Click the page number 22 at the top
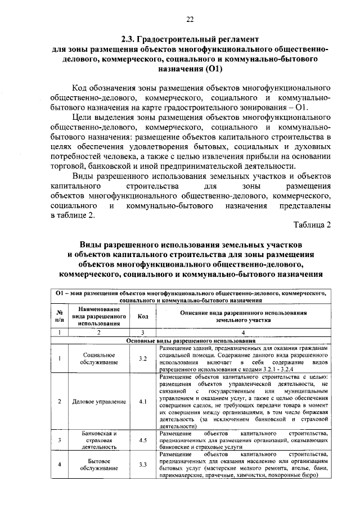(190, 21)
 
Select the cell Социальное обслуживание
(98, 359)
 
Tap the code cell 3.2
(142, 359)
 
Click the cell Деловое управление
(98, 402)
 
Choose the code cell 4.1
(142, 402)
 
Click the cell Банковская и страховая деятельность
(98, 440)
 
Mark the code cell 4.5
(142, 440)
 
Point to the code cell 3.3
(142, 465)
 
